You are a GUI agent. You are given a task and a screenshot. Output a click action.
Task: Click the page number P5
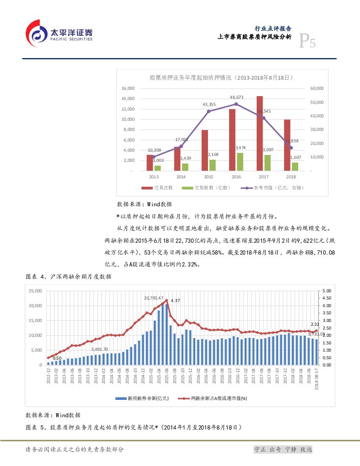(307, 42)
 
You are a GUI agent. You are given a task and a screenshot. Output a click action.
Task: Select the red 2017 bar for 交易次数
(260, 133)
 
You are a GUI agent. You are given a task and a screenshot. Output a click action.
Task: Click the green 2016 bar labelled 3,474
(240, 162)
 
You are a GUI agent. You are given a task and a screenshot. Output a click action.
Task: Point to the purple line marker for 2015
(208, 111)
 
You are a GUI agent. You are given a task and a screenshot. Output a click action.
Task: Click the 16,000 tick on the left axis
(128, 88)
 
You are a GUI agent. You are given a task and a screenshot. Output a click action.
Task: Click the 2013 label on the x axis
(153, 177)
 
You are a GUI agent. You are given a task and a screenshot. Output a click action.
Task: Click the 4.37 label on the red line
(175, 300)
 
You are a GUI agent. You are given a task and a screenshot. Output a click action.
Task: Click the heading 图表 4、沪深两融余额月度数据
(69, 277)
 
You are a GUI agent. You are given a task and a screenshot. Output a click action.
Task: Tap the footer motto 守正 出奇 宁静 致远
(282, 449)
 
